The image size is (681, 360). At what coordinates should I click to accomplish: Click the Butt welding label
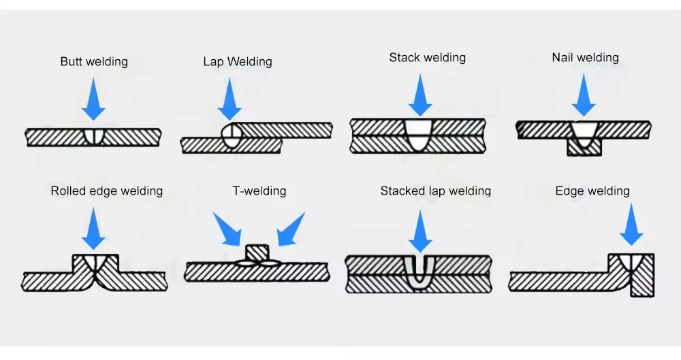(x=94, y=62)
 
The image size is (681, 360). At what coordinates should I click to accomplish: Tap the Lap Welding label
(x=238, y=62)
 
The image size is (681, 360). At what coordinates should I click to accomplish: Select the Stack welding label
(x=428, y=58)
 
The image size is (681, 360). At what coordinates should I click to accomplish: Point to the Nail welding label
(x=586, y=58)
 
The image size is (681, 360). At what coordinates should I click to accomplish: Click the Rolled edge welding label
(x=107, y=191)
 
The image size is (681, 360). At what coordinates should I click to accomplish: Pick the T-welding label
(x=259, y=191)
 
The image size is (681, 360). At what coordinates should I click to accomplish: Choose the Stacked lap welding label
(x=436, y=191)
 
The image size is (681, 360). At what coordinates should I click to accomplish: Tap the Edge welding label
(x=592, y=191)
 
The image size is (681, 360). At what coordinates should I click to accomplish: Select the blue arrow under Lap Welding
(x=229, y=99)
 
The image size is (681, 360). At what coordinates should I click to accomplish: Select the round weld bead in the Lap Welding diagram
(x=232, y=135)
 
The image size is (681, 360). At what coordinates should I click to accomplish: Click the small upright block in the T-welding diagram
(x=257, y=252)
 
